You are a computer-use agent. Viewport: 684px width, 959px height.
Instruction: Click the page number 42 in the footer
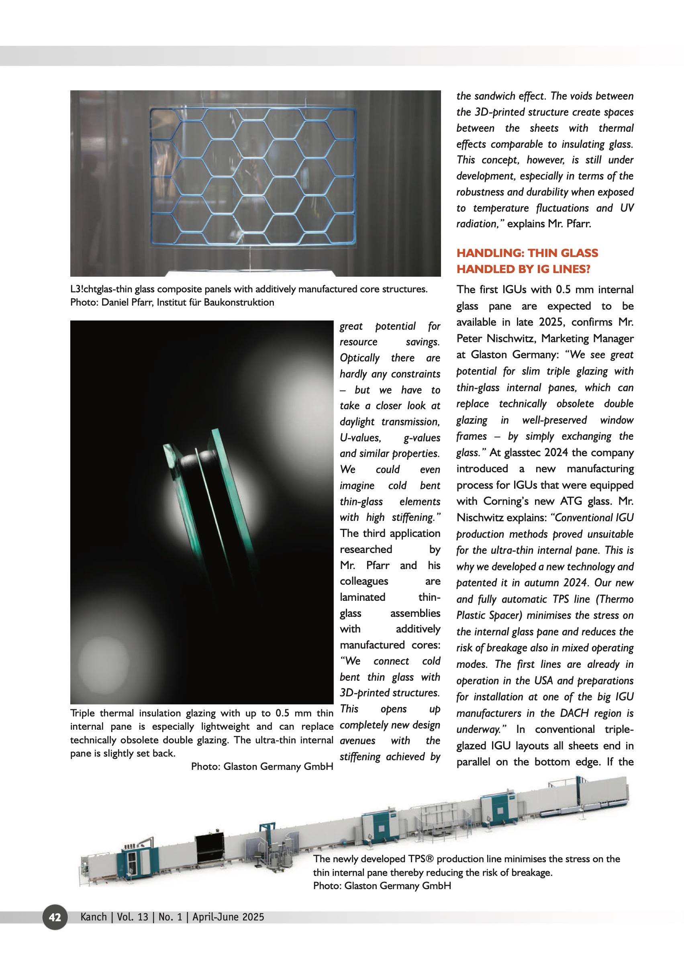click(x=55, y=917)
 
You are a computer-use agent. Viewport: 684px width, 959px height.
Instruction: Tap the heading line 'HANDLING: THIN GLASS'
click(x=527, y=253)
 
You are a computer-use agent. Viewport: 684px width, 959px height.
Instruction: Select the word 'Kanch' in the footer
click(x=94, y=917)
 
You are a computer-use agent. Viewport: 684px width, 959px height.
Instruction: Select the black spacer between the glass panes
click(x=197, y=459)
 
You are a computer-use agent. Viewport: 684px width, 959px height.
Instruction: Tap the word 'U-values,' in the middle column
click(x=360, y=438)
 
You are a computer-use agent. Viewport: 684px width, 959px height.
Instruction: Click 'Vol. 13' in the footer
click(x=132, y=917)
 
